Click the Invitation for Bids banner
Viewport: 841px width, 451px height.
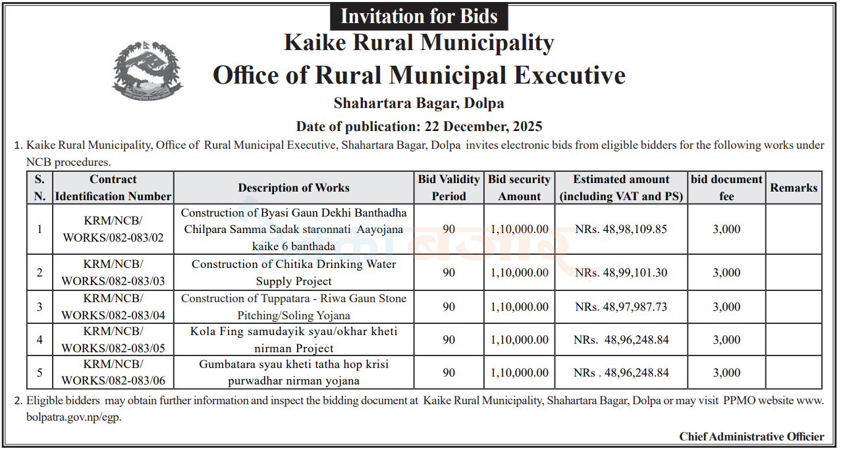419,16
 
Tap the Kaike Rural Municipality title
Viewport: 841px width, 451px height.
419,43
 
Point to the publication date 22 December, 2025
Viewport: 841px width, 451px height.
419,126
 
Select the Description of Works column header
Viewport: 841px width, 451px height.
294,188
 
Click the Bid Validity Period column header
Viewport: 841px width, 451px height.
448,188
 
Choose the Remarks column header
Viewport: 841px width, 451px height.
794,188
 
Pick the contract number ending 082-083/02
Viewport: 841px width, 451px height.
113,229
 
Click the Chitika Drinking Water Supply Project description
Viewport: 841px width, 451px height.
294,273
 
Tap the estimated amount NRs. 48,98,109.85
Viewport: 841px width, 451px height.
620,229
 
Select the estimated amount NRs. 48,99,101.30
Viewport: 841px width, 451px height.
620,273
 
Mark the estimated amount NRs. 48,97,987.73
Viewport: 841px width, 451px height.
620,307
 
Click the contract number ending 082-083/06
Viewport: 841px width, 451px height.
113,373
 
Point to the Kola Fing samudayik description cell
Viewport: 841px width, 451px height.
294,340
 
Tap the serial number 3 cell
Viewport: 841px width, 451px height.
40,307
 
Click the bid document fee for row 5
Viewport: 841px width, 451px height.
726,373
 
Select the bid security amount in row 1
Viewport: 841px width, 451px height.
519,229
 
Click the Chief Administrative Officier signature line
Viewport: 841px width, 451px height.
751,437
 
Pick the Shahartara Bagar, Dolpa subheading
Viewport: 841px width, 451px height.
419,103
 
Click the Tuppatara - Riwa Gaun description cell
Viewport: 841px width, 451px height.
294,307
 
